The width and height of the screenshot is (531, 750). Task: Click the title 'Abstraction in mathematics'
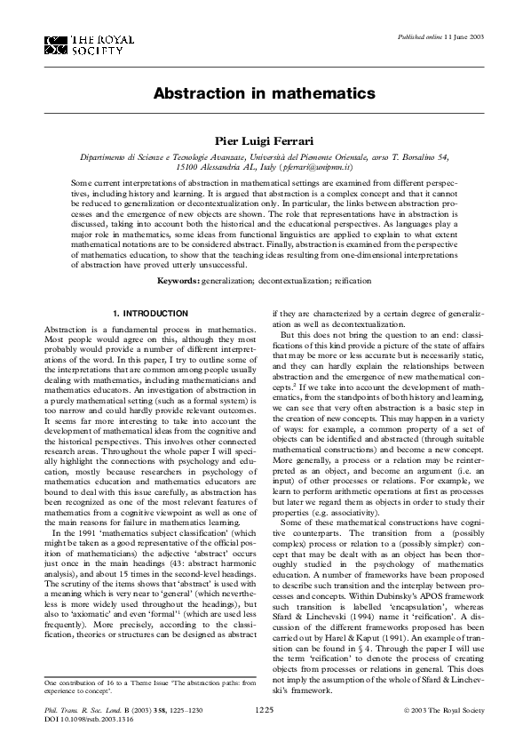coord(265,92)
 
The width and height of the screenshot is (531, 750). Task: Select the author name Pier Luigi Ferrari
coord(265,140)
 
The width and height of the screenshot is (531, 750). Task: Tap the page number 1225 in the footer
coord(265,712)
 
